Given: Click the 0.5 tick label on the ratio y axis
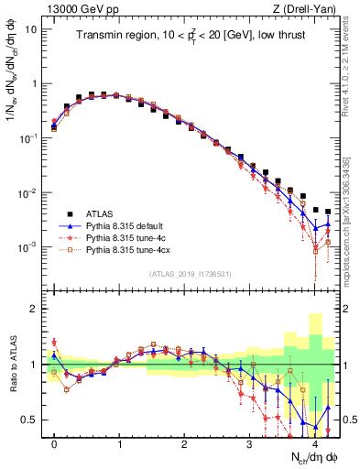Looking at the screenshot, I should (x=28, y=420).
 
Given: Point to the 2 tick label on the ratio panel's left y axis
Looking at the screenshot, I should (x=34, y=309).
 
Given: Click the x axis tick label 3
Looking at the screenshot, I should (x=250, y=442).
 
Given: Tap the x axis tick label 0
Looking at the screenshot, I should (x=54, y=442).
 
